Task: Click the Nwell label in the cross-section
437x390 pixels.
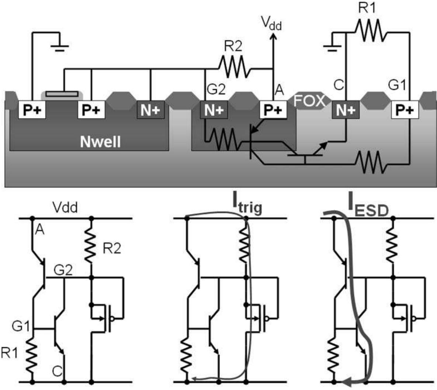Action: click(x=100, y=141)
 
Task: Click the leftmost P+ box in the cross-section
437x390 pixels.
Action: click(x=32, y=110)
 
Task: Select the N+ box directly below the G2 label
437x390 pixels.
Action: click(x=214, y=110)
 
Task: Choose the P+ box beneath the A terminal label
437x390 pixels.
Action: click(x=273, y=110)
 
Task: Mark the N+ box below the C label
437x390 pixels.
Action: click(x=345, y=110)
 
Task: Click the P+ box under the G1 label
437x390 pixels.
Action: click(x=405, y=110)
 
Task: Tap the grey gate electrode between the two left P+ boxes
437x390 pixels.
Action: click(x=62, y=94)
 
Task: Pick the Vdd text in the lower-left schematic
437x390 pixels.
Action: click(x=65, y=208)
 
